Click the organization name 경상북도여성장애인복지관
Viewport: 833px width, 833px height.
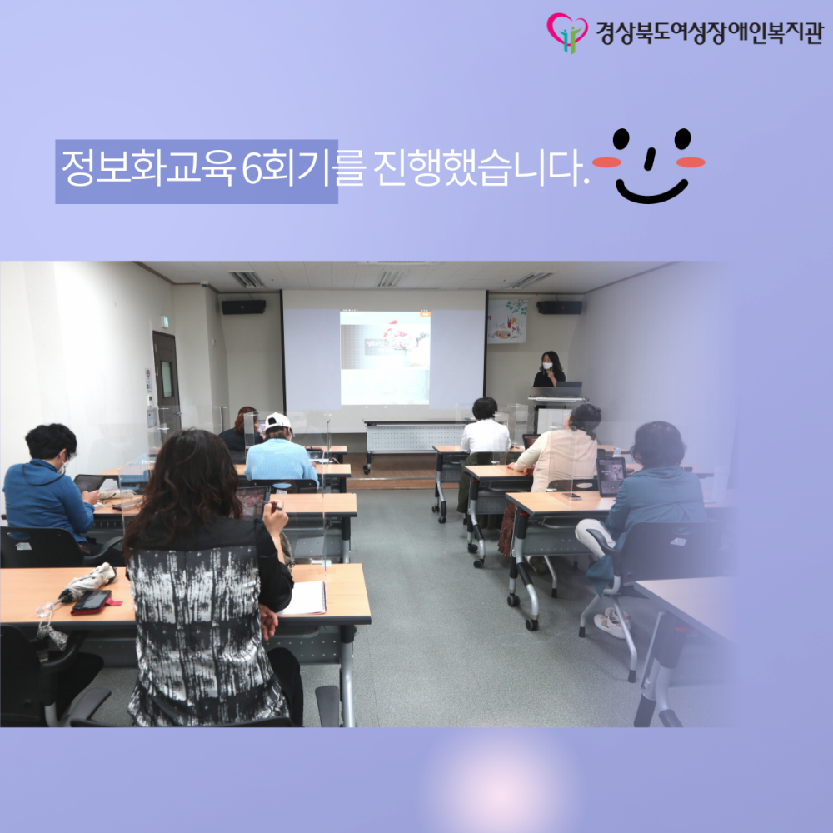coord(709,33)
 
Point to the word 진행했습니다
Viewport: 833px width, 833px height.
coord(481,168)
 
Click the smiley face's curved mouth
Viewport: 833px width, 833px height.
coord(652,193)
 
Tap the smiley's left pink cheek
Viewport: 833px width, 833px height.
coord(606,162)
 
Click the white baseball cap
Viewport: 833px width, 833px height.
coord(278,421)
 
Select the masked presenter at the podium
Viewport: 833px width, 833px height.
coord(549,370)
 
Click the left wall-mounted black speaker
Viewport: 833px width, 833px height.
coord(243,307)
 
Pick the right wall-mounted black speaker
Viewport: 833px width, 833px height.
coord(559,307)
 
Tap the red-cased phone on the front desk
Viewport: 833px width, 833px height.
coord(92,602)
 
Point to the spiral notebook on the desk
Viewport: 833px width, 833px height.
coord(304,598)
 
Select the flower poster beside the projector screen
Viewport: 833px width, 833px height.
coord(507,321)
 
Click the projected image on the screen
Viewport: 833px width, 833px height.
coord(385,358)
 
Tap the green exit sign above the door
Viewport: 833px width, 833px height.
coord(164,322)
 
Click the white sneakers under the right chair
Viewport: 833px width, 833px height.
coord(612,621)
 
